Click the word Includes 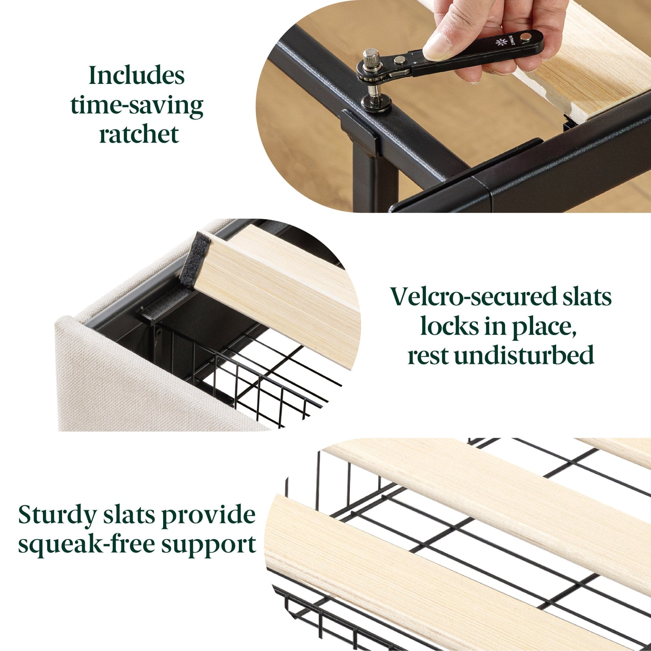click(137, 76)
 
